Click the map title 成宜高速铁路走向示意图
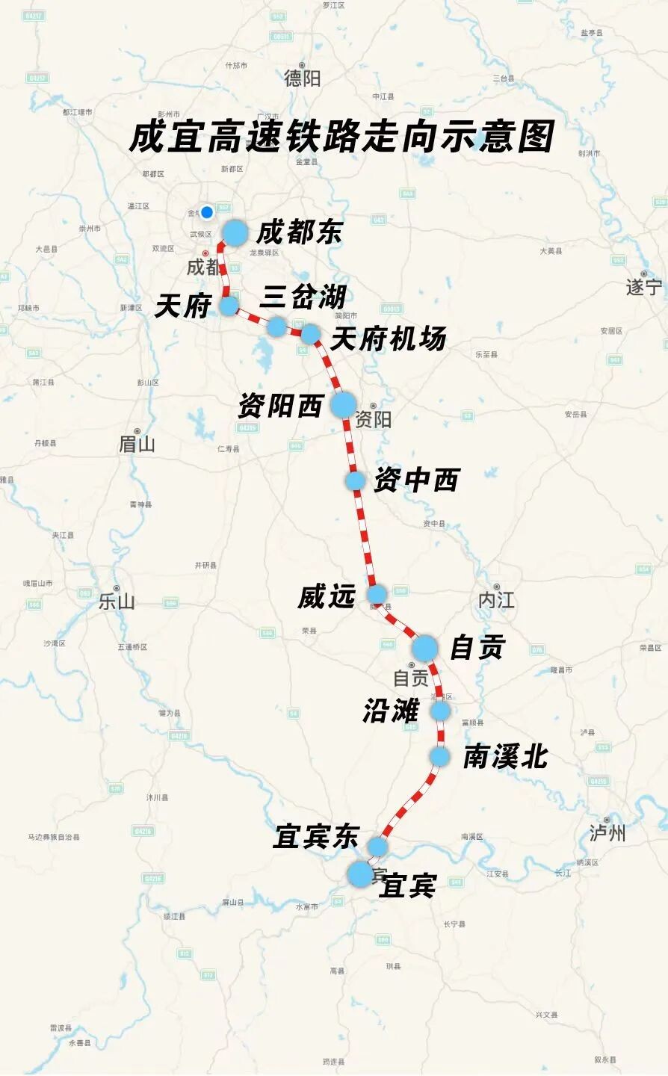pyautogui.click(x=341, y=137)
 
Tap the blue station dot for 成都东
pyautogui.click(x=235, y=233)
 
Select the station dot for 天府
pyautogui.click(x=229, y=305)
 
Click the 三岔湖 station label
pyautogui.click(x=302, y=297)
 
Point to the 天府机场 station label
pyautogui.click(x=388, y=339)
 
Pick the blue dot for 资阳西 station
pyautogui.click(x=344, y=404)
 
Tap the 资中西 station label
pyautogui.click(x=416, y=480)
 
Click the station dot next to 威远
pyautogui.click(x=377, y=595)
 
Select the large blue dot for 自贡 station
pyautogui.click(x=425, y=647)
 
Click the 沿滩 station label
pyautogui.click(x=391, y=711)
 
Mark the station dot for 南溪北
pyautogui.click(x=439, y=757)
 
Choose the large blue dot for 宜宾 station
pyautogui.click(x=360, y=874)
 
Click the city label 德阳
pyautogui.click(x=302, y=78)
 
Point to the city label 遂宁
pyautogui.click(x=644, y=287)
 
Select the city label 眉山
pyautogui.click(x=137, y=445)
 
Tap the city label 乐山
pyautogui.click(x=117, y=602)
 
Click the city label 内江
pyautogui.click(x=496, y=600)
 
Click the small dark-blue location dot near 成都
pyautogui.click(x=207, y=212)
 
